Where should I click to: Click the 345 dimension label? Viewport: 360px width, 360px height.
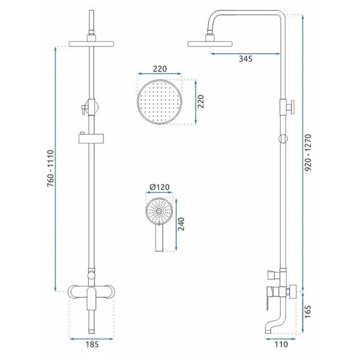[x=245, y=59]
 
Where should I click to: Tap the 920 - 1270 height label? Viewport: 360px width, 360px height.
[x=308, y=153]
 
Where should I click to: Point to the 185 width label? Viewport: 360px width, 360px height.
[x=92, y=344]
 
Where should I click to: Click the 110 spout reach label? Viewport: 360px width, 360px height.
[x=281, y=344]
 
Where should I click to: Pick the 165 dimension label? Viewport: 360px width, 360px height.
[x=308, y=311]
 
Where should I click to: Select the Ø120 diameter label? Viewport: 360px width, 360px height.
[x=160, y=187]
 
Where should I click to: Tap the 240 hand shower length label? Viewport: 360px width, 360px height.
[x=181, y=224]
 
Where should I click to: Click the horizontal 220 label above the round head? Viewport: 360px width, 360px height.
[x=160, y=69]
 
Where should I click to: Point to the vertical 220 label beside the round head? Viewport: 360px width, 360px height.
[x=201, y=102]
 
